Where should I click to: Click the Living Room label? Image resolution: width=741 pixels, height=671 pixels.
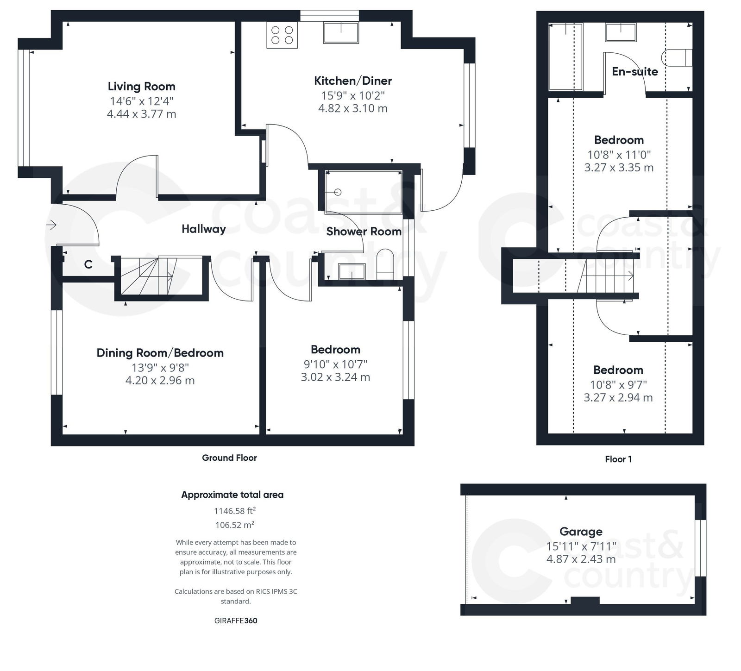[141, 87]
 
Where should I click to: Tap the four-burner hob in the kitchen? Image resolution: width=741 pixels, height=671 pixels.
[282, 36]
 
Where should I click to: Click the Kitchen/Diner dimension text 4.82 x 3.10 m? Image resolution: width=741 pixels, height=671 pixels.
[353, 108]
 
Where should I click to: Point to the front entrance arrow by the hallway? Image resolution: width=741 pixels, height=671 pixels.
[51, 225]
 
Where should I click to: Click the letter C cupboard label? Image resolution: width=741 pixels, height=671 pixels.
[88, 264]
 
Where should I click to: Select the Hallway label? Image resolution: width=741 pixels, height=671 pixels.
[203, 229]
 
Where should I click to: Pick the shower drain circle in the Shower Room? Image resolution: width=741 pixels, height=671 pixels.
[338, 192]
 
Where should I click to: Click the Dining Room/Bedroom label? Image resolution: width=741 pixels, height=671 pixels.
[160, 353]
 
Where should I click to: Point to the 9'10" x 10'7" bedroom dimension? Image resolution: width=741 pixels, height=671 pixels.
[335, 364]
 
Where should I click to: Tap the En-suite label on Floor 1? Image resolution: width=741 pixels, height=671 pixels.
[634, 72]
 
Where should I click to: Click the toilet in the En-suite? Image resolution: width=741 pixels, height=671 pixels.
[677, 58]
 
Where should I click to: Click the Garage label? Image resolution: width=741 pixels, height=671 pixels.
[581, 532]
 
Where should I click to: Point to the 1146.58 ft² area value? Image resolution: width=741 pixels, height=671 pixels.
[234, 511]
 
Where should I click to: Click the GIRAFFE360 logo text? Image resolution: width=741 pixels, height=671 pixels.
[236, 621]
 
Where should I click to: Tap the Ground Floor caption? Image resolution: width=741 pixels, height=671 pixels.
[229, 458]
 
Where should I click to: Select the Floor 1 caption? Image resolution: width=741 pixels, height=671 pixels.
[618, 459]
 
